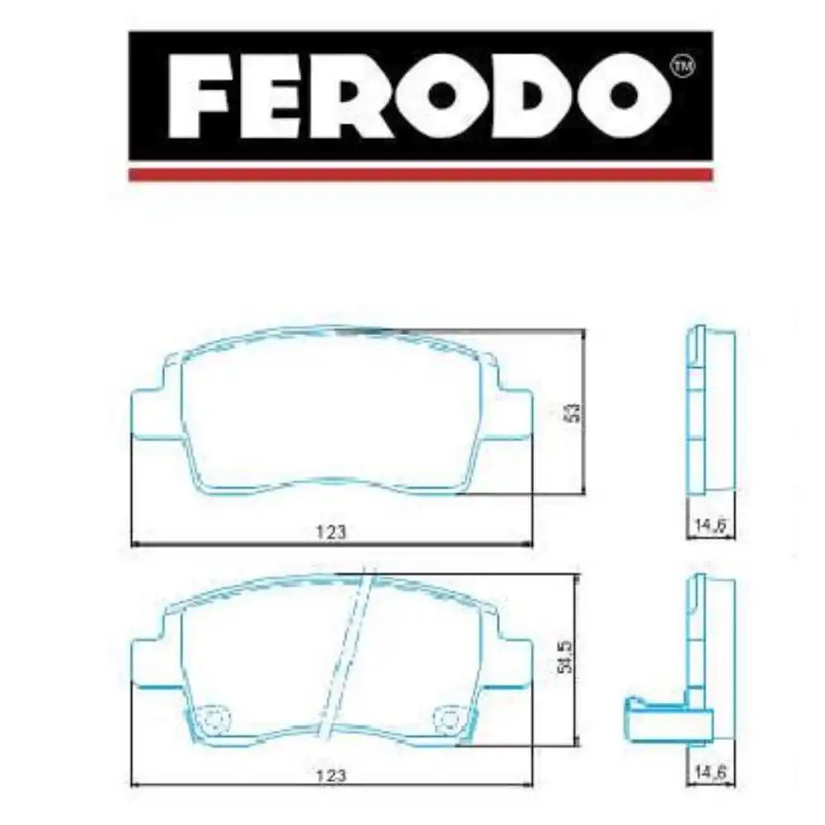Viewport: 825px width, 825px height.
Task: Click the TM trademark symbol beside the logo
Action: point(681,66)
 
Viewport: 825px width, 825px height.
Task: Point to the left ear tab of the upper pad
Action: point(149,412)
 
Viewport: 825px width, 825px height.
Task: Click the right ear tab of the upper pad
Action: point(515,412)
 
